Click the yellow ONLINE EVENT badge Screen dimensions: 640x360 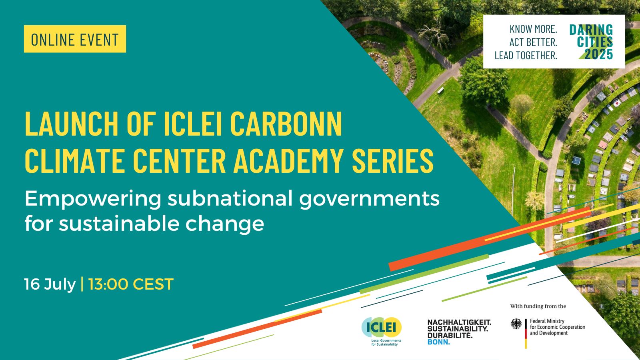75,39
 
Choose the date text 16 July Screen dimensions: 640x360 50,284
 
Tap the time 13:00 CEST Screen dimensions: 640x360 131,284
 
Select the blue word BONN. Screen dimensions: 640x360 438,342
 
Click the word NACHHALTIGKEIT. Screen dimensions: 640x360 459,322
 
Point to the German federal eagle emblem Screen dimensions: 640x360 516,324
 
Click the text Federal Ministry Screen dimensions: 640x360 547,321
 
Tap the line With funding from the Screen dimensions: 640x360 538,306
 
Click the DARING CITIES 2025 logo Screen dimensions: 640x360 591,42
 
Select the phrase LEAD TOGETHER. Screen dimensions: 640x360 526,56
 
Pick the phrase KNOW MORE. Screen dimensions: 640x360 534,29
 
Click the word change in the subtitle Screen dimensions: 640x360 225,224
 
